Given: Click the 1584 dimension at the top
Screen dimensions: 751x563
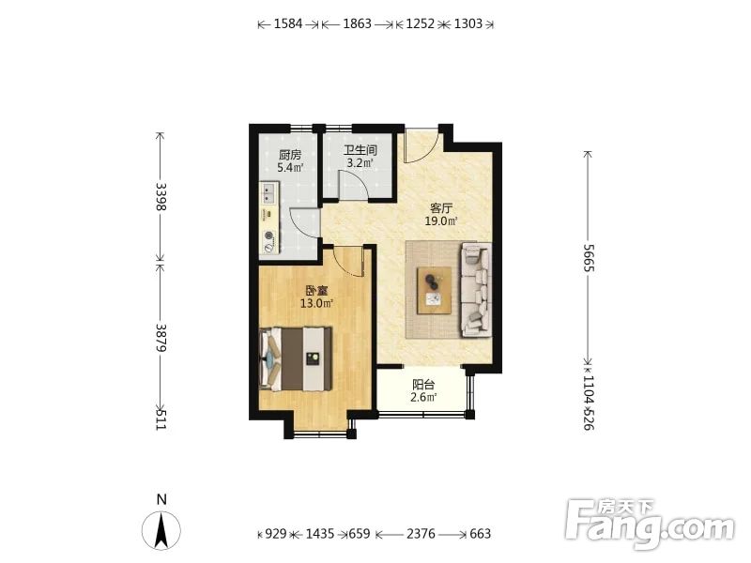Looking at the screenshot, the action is pyautogui.click(x=288, y=24).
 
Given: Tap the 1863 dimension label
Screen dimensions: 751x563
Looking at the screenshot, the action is pyautogui.click(x=357, y=24).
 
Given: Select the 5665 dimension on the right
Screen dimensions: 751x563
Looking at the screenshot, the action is pyautogui.click(x=589, y=258).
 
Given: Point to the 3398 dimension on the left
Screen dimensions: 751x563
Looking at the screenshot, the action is pyautogui.click(x=161, y=196).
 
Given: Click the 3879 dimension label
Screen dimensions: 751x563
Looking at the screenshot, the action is pyautogui.click(x=161, y=338).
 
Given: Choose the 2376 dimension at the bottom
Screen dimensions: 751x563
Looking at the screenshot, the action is pyautogui.click(x=421, y=533).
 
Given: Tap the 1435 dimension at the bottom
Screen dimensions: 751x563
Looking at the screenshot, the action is pyautogui.click(x=319, y=533).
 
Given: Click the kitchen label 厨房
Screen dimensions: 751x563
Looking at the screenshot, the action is pyautogui.click(x=290, y=155).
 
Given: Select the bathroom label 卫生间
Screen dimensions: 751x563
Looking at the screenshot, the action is pyautogui.click(x=360, y=150).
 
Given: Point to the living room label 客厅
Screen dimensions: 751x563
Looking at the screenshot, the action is pyautogui.click(x=441, y=208).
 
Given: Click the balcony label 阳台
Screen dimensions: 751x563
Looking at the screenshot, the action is pyautogui.click(x=423, y=384).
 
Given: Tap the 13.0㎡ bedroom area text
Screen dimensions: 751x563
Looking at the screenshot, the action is pyautogui.click(x=316, y=303).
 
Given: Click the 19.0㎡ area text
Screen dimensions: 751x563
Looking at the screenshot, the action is pyautogui.click(x=441, y=221).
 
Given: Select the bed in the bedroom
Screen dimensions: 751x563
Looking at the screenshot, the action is pyautogui.click(x=296, y=358).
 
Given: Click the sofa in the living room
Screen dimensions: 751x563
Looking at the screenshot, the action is pyautogui.click(x=476, y=289).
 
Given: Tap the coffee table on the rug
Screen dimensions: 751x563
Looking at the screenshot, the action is pyautogui.click(x=434, y=290).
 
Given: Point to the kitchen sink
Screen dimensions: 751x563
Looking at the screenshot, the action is pyautogui.click(x=268, y=193).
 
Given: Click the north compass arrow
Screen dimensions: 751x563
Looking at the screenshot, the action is pyautogui.click(x=161, y=530).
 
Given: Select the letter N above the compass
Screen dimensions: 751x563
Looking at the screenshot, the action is pyautogui.click(x=161, y=499).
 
